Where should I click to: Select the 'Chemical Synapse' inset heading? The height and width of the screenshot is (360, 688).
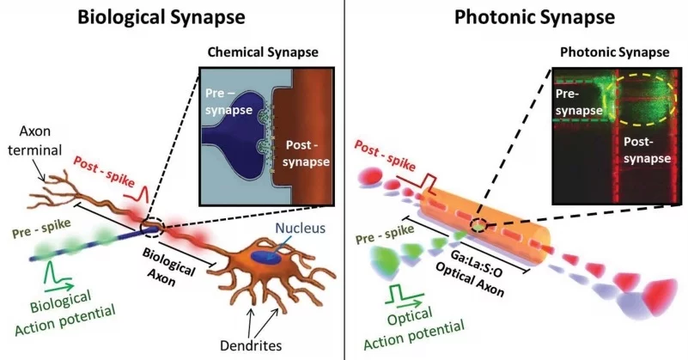[x=263, y=53]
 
